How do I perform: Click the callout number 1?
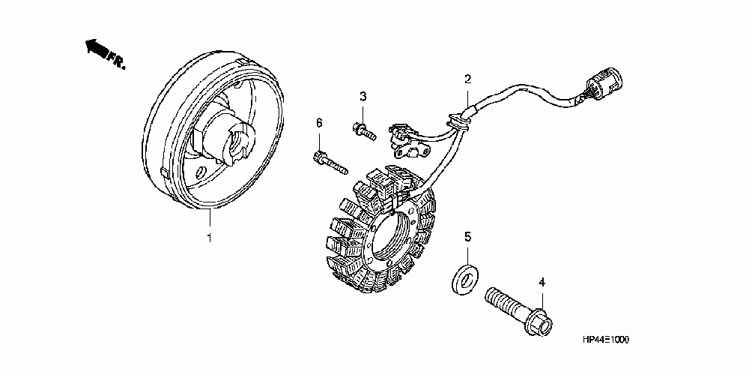[x=210, y=238]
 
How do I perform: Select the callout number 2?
[x=467, y=79]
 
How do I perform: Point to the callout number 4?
[x=542, y=282]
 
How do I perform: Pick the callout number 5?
[x=467, y=237]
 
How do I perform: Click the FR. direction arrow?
[x=94, y=49]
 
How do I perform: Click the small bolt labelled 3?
[x=363, y=128]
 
